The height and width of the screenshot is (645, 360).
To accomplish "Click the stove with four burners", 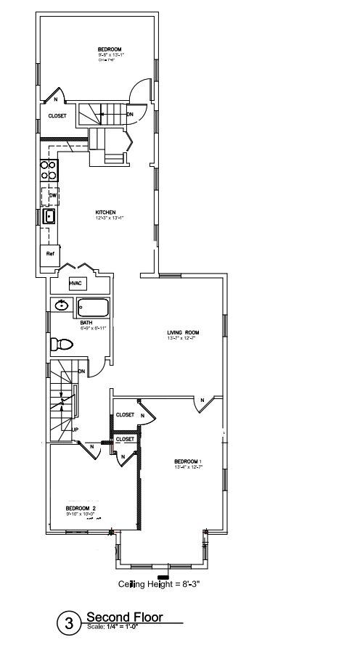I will click(x=49, y=170).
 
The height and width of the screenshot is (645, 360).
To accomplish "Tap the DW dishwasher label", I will click(x=52, y=195).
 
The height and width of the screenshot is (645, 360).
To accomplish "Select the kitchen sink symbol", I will click(x=50, y=216).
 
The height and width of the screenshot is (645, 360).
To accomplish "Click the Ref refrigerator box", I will click(x=50, y=254).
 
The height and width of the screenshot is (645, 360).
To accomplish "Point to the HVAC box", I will click(x=75, y=284).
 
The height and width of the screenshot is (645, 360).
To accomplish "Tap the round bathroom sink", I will click(x=62, y=305).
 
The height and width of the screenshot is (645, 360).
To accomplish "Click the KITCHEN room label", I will click(x=105, y=213).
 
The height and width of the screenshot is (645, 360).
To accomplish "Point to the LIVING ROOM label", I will click(x=183, y=333).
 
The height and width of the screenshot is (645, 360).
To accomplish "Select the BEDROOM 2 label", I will click(x=81, y=508).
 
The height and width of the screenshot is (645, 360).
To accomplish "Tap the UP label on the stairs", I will click(x=75, y=429).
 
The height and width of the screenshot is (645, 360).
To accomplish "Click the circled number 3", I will click(x=70, y=623).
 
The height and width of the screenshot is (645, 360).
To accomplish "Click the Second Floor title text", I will click(x=124, y=617).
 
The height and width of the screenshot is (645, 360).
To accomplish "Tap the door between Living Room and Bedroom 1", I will click(x=203, y=403).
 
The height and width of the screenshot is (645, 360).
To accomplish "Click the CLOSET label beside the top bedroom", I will click(x=57, y=115).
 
